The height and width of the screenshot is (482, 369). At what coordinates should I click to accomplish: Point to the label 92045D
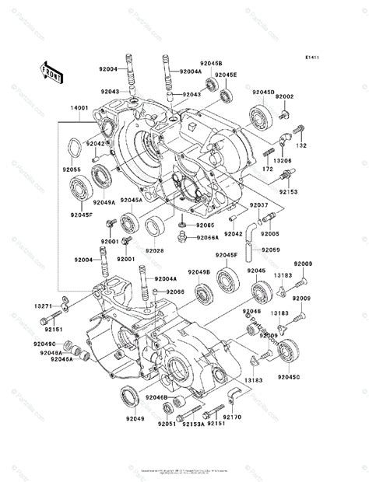(x=262, y=93)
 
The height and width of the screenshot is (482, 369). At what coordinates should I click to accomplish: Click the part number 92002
(x=306, y=96)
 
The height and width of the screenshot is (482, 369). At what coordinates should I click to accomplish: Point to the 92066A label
(x=208, y=239)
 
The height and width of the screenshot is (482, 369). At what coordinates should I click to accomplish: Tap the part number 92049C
(x=44, y=343)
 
